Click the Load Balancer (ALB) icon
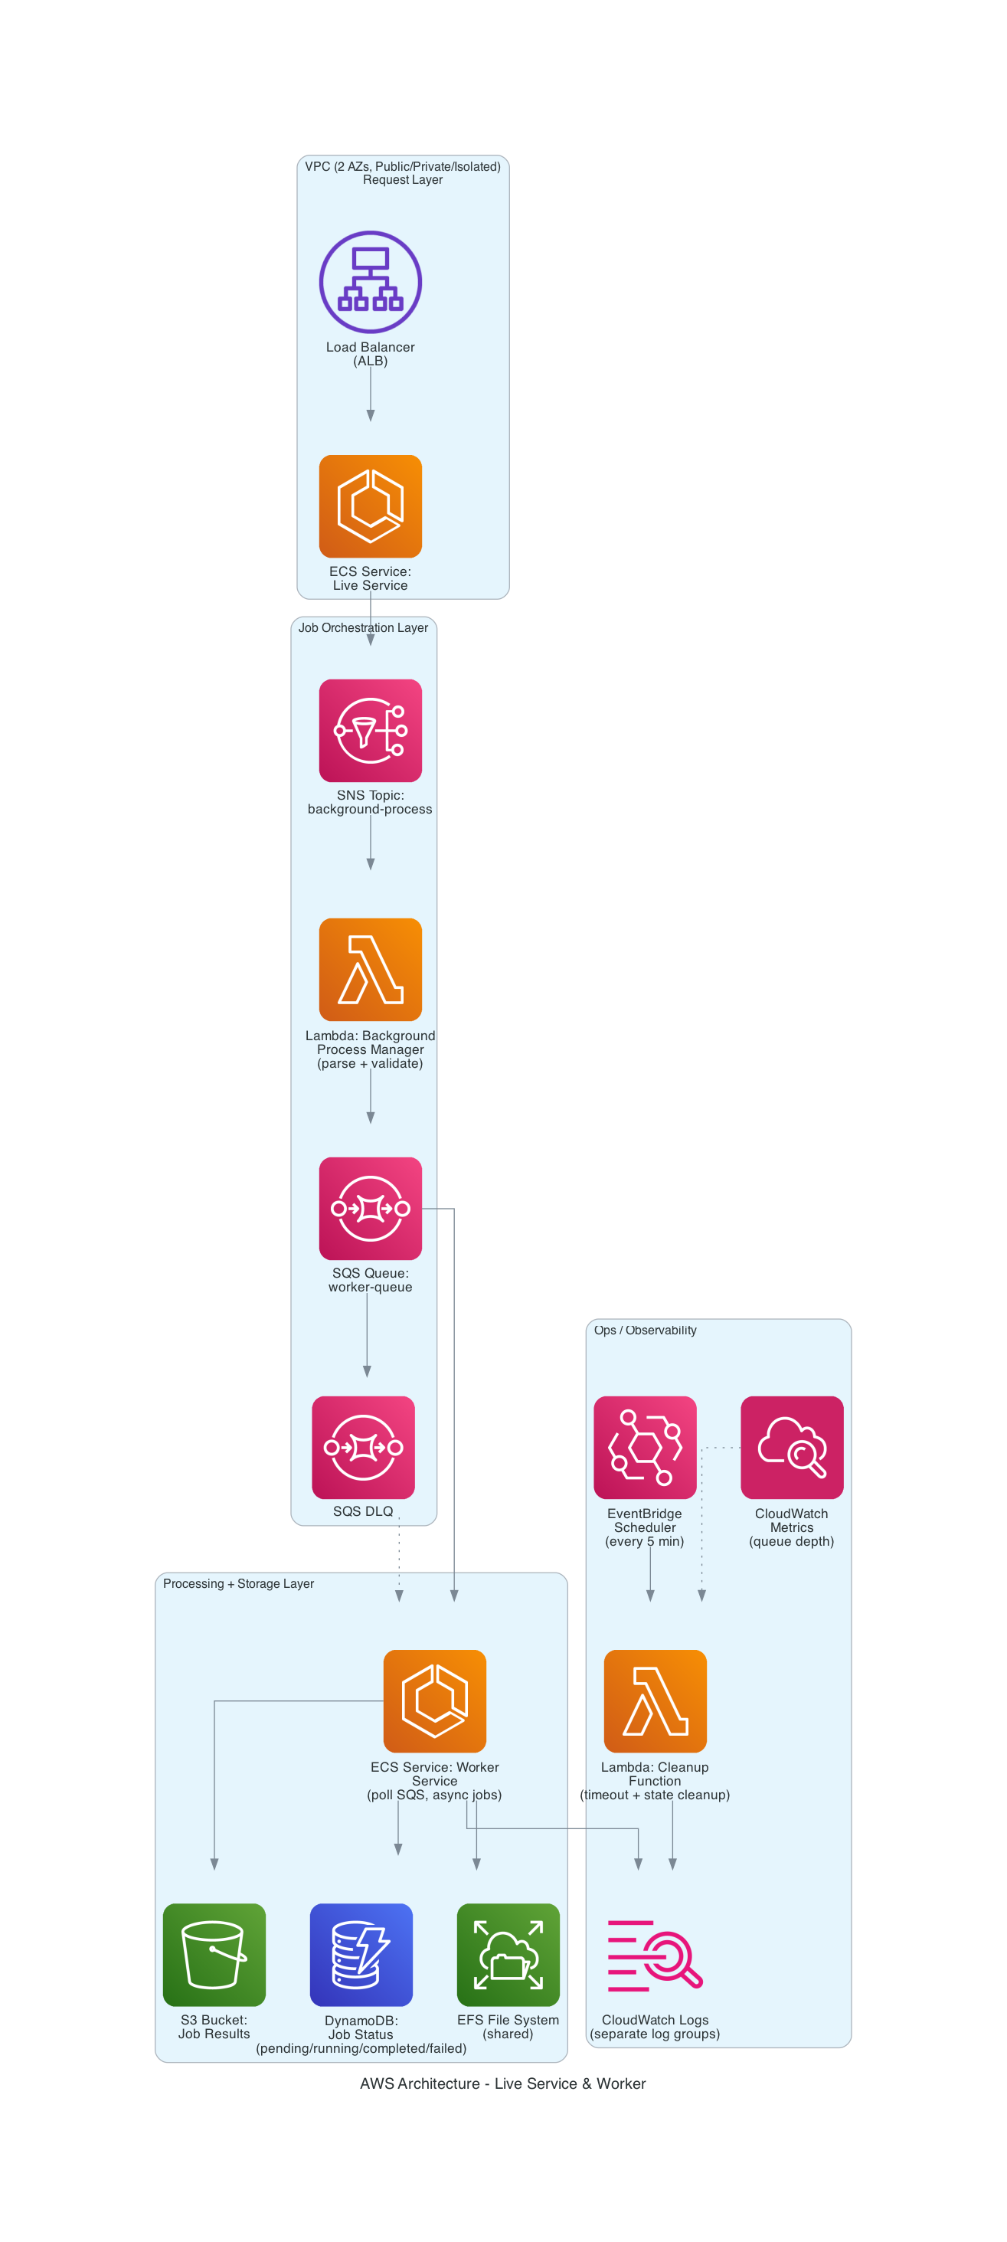pos(370,282)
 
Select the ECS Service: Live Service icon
pos(370,506)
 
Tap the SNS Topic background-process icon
pos(370,730)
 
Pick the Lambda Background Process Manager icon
pos(370,969)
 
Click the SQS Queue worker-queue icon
pos(370,1208)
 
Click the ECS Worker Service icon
pos(434,1700)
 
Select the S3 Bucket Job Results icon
pos(214,1954)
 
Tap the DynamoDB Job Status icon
pos(361,1954)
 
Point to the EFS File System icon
pos(508,1954)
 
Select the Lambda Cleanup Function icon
pos(655,1700)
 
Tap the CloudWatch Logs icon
pos(655,1954)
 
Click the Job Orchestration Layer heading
pos(363,627)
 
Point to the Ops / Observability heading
pos(645,1330)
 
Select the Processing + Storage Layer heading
pos(238,1583)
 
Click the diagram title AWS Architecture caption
pos(502,2083)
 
